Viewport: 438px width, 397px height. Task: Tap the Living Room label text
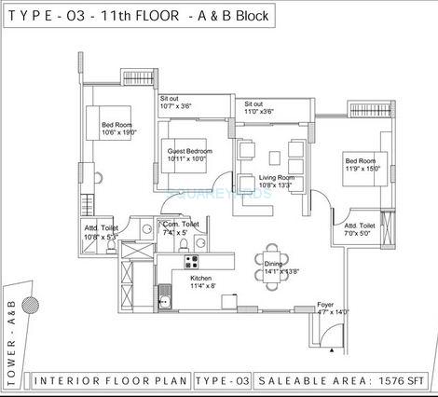[277, 180]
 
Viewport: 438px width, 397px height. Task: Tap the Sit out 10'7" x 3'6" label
[177, 103]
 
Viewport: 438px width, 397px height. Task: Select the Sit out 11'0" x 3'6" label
[260, 107]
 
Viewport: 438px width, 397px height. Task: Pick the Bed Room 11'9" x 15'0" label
[363, 164]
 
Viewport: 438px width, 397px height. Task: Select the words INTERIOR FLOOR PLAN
[111, 381]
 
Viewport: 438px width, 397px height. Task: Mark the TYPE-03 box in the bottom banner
[223, 381]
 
